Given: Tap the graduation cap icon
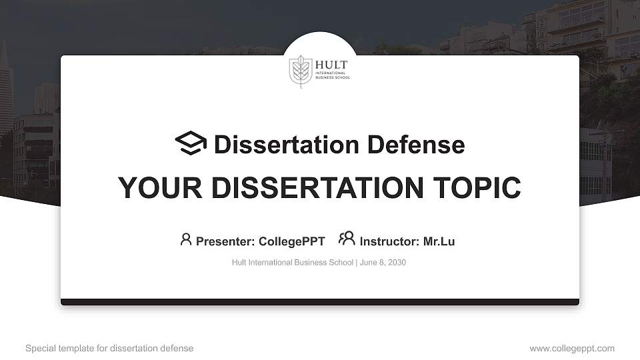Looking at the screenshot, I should point(191,143).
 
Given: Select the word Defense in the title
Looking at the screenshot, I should point(415,145).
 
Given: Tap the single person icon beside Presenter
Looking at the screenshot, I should point(186,239).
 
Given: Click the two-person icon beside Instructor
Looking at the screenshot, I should point(347,239).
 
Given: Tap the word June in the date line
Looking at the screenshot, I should point(368,263).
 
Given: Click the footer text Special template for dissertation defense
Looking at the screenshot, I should point(109,348).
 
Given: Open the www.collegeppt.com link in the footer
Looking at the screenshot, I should point(572,348).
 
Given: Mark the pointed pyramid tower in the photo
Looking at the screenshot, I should point(5,87).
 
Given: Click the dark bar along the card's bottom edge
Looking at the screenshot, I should point(320,302).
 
